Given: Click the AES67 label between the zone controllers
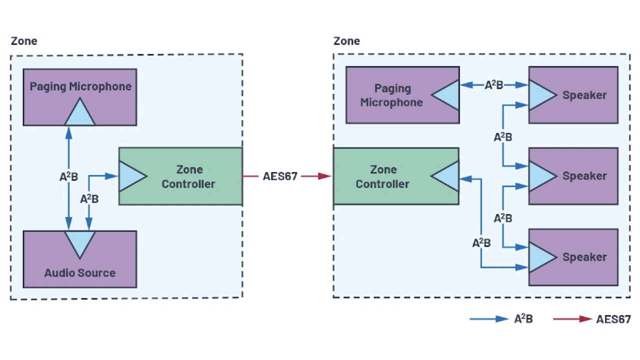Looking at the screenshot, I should pyautogui.click(x=280, y=176).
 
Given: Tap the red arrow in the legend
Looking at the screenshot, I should pyautogui.click(x=572, y=319).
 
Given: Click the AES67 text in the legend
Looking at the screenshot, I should pyautogui.click(x=613, y=319).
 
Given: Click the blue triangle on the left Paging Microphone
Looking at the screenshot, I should pyautogui.click(x=79, y=113).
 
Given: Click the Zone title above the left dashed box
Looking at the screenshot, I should pyautogui.click(x=24, y=41).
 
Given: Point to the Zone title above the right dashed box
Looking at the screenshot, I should pyautogui.click(x=347, y=41).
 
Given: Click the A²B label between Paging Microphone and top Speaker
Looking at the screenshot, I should pyautogui.click(x=494, y=85).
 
